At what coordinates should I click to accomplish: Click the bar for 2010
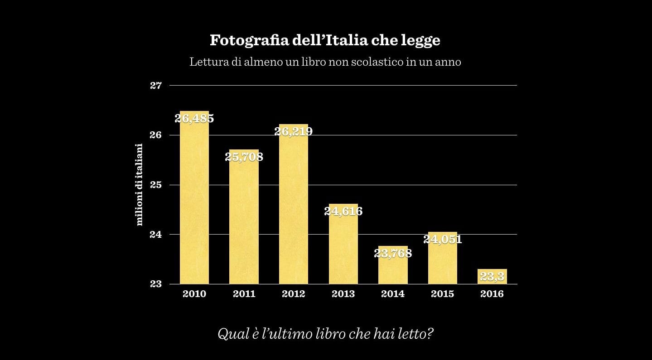coord(194,199)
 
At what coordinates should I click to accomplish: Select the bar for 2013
coord(343,247)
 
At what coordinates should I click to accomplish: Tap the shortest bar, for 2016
coord(492,277)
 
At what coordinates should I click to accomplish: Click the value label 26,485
coord(194,119)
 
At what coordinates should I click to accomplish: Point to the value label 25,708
coord(244,157)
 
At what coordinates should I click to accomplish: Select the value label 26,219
coord(294,131)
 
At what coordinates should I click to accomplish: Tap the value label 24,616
coord(343,211)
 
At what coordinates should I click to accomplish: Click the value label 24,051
coord(443,239)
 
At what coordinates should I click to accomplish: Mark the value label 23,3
coord(492,276)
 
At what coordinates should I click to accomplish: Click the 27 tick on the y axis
coord(156,86)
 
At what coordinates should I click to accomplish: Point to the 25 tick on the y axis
coord(156,185)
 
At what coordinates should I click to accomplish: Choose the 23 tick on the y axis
coord(156,284)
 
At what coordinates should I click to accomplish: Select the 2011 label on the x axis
coord(244,294)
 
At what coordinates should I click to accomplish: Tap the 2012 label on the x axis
coord(294,294)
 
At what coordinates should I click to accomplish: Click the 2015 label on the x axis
coord(443,294)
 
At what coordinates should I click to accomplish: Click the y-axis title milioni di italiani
coord(140,184)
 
